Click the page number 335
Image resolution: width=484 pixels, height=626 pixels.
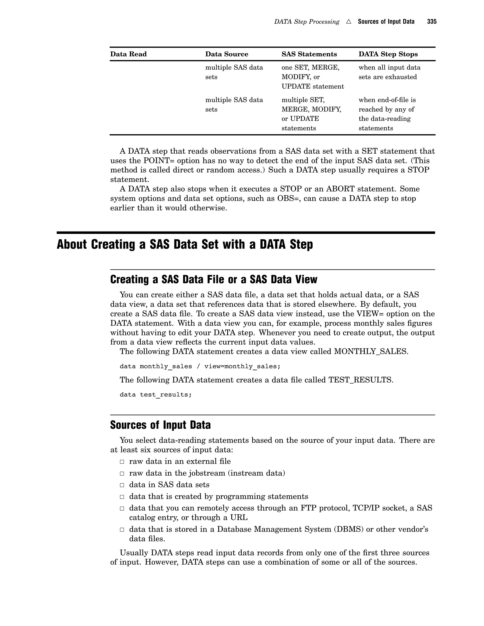(432, 21)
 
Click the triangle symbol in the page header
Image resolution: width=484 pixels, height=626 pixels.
(348, 21)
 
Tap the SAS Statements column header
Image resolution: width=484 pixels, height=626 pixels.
(309, 54)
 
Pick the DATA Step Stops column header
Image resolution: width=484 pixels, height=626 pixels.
(388, 54)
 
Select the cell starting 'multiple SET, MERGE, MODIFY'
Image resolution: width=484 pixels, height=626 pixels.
(311, 114)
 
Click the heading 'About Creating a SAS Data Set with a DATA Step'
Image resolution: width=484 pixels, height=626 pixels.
(185, 244)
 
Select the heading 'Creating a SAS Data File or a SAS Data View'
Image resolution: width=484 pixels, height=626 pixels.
(214, 279)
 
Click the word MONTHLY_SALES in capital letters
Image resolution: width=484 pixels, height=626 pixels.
(371, 352)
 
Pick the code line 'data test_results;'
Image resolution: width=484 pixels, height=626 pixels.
(156, 394)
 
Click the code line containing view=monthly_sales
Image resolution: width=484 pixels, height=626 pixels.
(200, 366)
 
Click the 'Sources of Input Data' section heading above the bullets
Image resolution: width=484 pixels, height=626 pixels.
(160, 425)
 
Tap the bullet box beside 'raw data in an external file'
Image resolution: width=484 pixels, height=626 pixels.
(122, 462)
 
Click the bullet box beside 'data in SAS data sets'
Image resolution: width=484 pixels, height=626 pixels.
(122, 485)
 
